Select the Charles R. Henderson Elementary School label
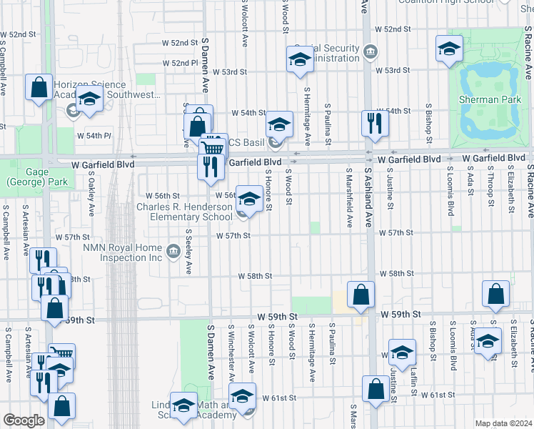coord(186,212)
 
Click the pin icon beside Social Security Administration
coord(371,51)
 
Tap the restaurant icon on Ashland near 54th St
coord(375,123)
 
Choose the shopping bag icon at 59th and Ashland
coord(361,294)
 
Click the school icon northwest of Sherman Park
coord(448,49)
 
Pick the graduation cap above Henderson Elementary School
coord(249,198)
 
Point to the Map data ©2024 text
coord(503,423)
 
